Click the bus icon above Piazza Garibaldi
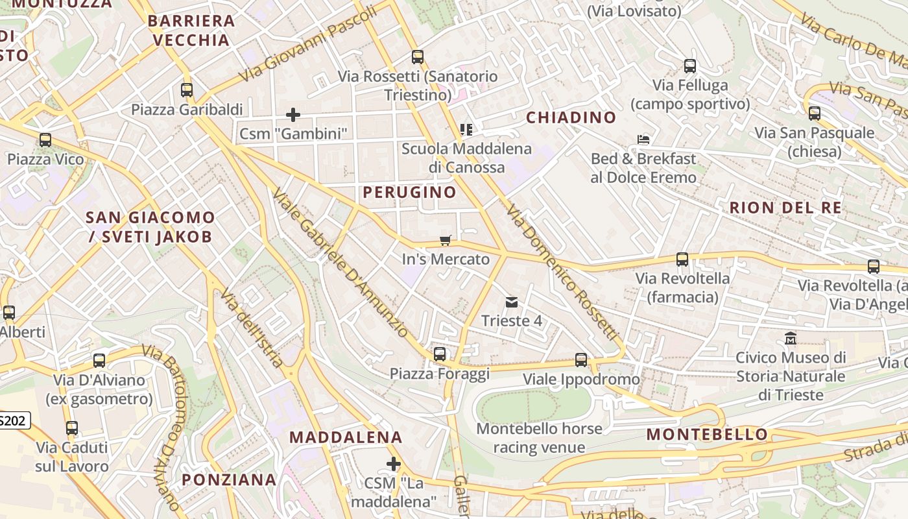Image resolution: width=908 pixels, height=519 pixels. [x=187, y=90]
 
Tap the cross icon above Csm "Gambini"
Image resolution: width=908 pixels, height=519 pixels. [x=293, y=115]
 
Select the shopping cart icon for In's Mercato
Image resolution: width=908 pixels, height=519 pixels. [x=445, y=241]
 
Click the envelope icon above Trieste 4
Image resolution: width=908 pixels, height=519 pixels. [x=512, y=302]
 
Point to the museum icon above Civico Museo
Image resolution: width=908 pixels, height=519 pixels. [x=791, y=339]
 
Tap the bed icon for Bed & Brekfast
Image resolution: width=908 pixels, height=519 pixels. [x=643, y=139]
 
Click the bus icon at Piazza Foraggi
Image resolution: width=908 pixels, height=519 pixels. [x=440, y=354]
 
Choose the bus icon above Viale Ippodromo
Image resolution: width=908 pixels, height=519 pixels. [x=581, y=360]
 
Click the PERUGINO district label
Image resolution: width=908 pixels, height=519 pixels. [x=409, y=192]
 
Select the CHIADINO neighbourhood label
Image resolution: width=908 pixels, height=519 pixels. [x=571, y=117]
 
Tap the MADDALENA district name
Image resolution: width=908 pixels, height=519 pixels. [x=346, y=437]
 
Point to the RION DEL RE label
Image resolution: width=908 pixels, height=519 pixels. [x=785, y=208]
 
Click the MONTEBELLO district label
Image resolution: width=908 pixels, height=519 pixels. [x=707, y=434]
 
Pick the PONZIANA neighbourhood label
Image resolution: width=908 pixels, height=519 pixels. [x=229, y=480]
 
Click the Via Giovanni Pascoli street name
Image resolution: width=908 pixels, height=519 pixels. [x=307, y=43]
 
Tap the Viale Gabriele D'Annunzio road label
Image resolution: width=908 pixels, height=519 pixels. [x=341, y=263]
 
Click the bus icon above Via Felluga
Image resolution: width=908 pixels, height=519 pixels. [x=690, y=66]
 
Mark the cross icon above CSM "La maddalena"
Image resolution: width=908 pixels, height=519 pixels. [x=393, y=464]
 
